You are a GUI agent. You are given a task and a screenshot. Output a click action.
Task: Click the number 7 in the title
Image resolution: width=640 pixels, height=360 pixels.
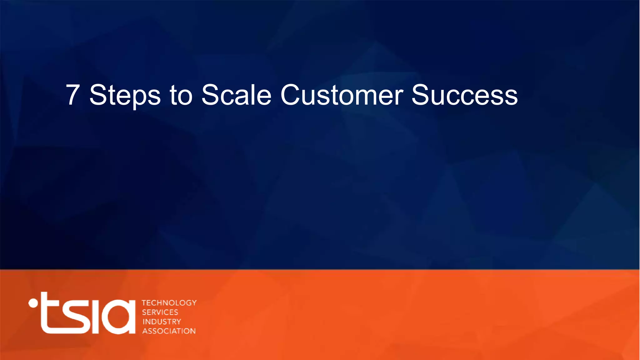click(x=72, y=95)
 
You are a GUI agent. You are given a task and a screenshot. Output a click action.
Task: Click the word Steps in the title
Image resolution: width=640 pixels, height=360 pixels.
click(x=125, y=95)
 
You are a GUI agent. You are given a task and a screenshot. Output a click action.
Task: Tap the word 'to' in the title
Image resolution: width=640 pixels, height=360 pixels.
click(x=181, y=95)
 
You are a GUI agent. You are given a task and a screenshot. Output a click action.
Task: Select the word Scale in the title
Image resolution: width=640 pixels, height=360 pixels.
click(x=236, y=95)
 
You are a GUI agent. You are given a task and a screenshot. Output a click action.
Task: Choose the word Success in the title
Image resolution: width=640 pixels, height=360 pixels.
click(x=464, y=95)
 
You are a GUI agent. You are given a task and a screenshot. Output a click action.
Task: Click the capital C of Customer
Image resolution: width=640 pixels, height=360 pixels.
click(x=291, y=95)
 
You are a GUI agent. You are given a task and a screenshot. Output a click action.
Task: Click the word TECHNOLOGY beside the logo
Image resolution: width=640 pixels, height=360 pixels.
click(x=169, y=303)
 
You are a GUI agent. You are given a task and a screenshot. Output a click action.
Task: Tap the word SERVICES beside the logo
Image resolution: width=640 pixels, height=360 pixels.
click(x=160, y=312)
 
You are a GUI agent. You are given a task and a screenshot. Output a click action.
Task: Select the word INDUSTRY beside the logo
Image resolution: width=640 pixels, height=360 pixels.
click(x=162, y=322)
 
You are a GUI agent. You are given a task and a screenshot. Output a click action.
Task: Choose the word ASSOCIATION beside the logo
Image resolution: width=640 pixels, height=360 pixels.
click(x=169, y=331)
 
